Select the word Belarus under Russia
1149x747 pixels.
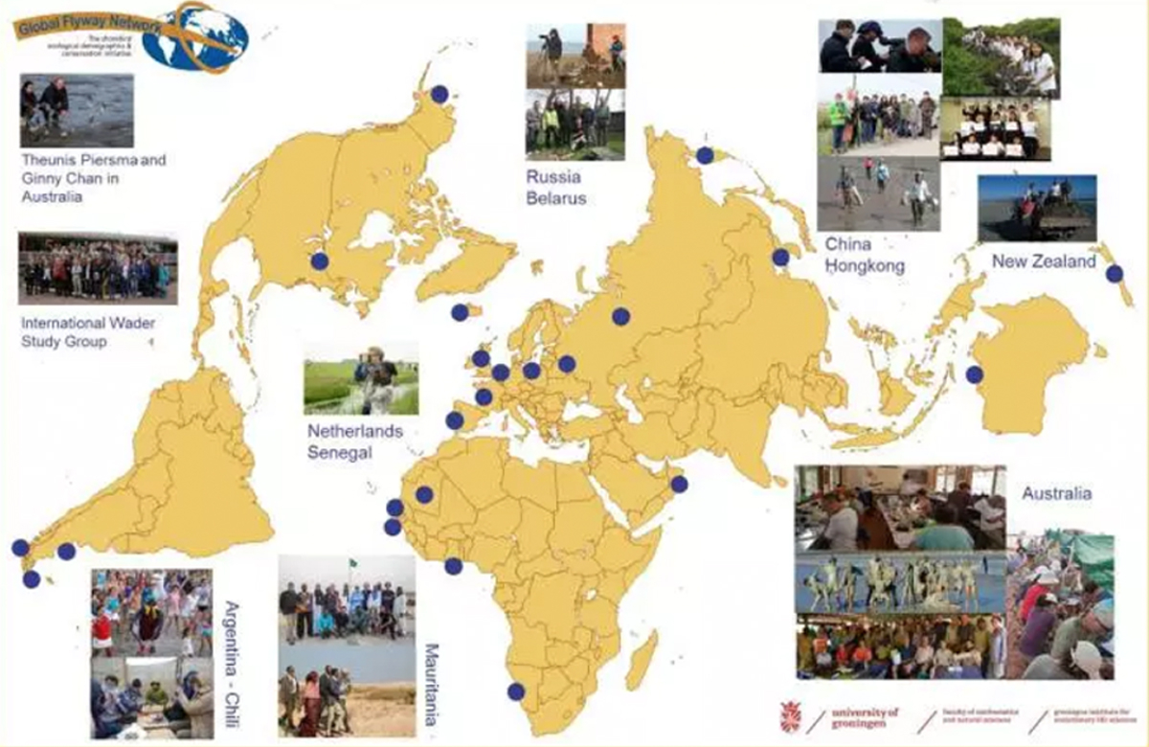(555, 199)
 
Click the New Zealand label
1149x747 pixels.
(1044, 261)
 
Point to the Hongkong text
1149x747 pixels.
(865, 267)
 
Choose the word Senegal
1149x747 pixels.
(339, 453)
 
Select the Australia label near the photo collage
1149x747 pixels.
(1056, 494)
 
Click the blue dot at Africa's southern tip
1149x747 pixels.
(516, 691)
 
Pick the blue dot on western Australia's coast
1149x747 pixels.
(975, 374)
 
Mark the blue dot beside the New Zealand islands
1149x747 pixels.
(1114, 273)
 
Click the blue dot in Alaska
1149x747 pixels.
(439, 93)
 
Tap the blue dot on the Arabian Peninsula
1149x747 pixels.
(679, 485)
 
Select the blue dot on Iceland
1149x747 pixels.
(461, 311)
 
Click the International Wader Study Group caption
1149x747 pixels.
(88, 332)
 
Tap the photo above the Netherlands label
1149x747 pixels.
(361, 379)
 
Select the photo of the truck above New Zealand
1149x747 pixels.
(1037, 208)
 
